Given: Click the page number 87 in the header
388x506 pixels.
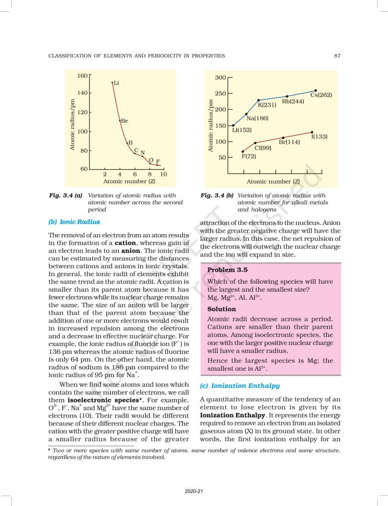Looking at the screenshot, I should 337,56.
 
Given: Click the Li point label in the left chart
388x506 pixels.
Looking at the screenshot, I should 116,83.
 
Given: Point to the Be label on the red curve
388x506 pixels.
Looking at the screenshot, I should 124,121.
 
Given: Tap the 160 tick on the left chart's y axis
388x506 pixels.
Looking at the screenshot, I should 82,76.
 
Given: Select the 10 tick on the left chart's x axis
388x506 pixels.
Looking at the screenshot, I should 164,174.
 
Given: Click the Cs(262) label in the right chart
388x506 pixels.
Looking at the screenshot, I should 321,94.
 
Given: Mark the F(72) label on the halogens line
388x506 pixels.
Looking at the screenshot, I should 248,156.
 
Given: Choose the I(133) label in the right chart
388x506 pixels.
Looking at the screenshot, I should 319,136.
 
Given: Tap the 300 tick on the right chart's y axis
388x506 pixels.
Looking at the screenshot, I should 220,78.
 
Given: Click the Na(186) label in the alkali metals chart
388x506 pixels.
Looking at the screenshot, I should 257,119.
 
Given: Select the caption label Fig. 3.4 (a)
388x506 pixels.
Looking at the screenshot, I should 66,196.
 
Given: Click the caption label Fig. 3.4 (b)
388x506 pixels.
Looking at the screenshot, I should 217,196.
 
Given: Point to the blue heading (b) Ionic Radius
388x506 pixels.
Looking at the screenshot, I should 74,222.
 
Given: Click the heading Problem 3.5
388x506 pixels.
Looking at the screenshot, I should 228,270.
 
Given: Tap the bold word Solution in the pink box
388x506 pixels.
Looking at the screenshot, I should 222,309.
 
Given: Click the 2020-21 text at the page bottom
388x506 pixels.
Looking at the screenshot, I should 194,491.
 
